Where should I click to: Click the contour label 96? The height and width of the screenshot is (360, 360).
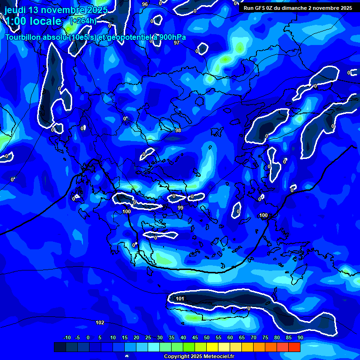145,4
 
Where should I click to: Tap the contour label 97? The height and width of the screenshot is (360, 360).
177,43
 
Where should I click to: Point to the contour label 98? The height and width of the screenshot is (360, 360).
178,130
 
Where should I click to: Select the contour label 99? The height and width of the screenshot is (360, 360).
180,208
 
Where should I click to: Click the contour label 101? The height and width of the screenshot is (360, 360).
180,299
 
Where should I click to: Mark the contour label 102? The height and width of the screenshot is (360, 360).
100,322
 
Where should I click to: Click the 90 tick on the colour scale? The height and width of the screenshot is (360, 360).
300,337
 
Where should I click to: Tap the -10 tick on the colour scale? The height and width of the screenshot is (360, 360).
67,337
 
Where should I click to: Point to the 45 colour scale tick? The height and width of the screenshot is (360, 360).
195,337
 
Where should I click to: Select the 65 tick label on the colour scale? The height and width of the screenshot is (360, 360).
241,337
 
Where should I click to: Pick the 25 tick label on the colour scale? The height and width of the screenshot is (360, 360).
148,337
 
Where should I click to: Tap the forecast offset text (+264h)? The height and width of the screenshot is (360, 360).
83,21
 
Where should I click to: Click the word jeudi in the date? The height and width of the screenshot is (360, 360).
15,10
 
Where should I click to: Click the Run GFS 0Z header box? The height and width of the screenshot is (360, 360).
298,8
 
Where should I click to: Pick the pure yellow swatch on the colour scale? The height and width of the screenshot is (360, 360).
212,347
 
